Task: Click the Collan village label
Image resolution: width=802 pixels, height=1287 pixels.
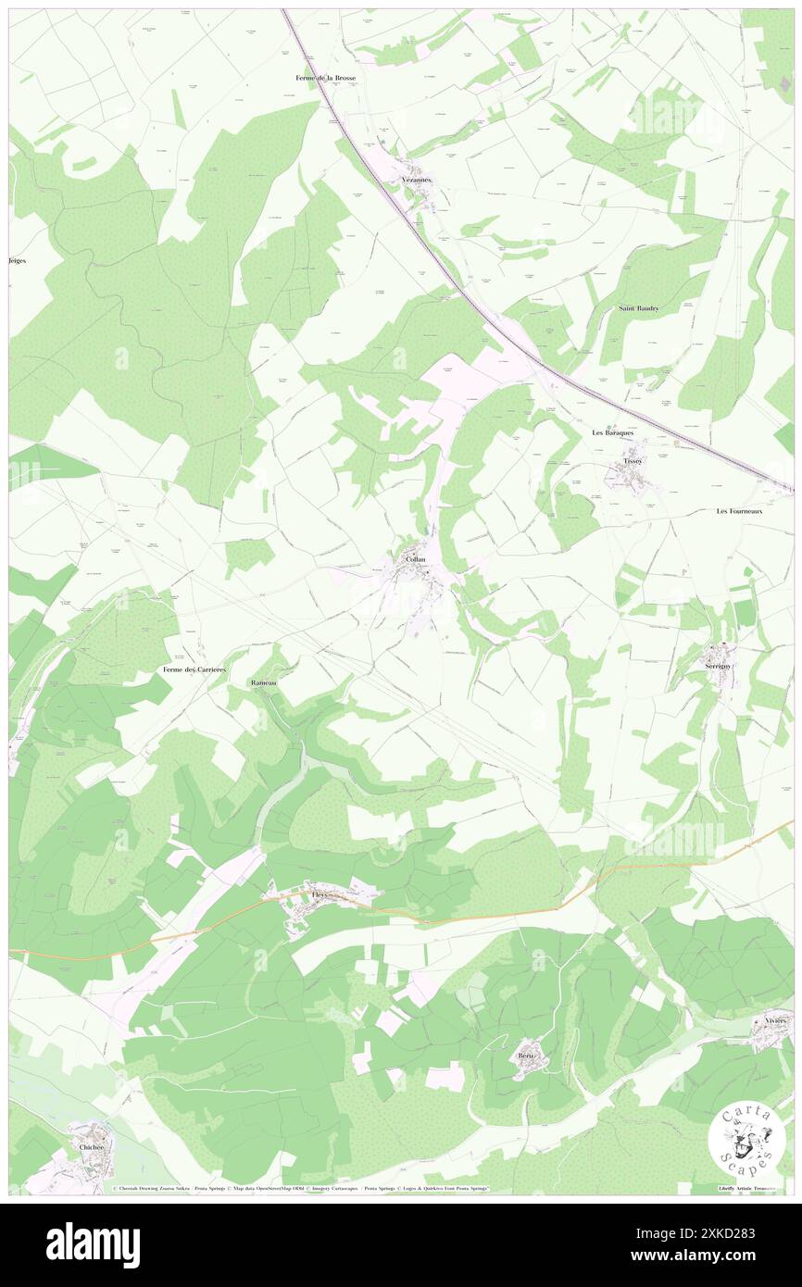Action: coord(415,560)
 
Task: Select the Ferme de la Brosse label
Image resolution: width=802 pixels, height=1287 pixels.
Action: coord(320,78)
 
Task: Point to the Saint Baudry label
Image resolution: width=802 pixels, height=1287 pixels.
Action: coord(639,307)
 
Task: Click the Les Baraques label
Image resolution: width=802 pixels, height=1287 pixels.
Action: coord(618,432)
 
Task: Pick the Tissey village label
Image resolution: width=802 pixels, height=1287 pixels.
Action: coord(633,460)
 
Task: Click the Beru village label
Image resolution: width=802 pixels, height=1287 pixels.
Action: coord(526,1055)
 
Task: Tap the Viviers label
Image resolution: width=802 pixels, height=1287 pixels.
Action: coord(775,1020)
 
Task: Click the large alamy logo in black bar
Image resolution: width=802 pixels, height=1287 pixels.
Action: coord(93,1244)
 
